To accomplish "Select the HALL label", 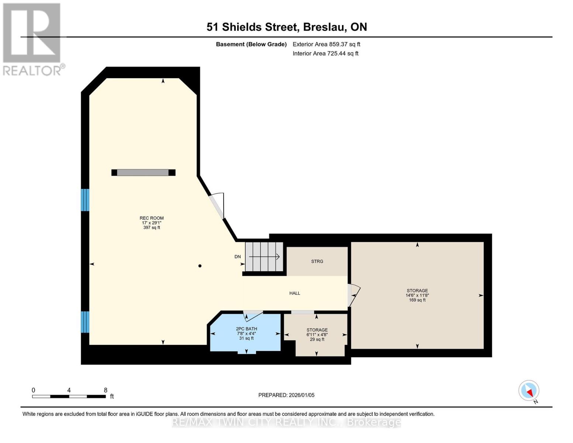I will (x=294, y=293).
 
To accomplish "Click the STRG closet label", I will (x=317, y=261).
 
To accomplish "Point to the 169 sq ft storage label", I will (x=417, y=295).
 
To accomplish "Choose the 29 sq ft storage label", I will (x=317, y=334).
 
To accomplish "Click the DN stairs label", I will (x=238, y=257).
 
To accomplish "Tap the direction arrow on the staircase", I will (x=264, y=257).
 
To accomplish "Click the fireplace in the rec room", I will (x=143, y=172).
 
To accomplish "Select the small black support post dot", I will (x=200, y=266).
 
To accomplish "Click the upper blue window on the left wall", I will (x=85, y=200).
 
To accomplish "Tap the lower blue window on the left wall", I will (x=85, y=322).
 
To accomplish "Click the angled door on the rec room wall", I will (x=217, y=206).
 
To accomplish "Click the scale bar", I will (x=69, y=396).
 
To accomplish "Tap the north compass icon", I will (x=529, y=391).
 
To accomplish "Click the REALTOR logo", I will (x=32, y=39).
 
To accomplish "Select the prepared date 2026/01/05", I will (x=286, y=395).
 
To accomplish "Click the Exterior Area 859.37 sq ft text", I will (x=326, y=44).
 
